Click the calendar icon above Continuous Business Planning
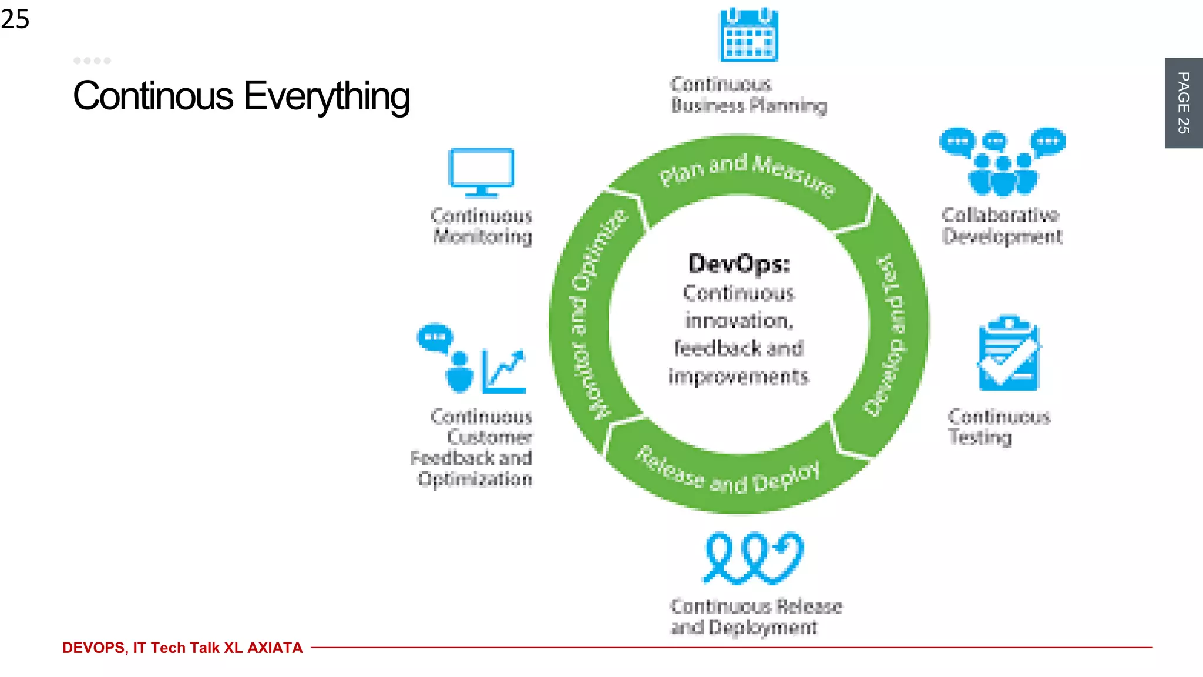[x=749, y=35]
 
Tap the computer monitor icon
[x=481, y=172]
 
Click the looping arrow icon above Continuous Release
[x=753, y=558]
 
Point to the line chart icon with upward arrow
[x=503, y=371]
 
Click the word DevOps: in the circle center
[x=739, y=264]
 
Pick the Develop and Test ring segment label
[x=886, y=335]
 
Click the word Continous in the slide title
[x=153, y=97]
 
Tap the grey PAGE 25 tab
[x=1183, y=103]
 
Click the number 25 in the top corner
[x=15, y=19]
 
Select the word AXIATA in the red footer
[x=275, y=648]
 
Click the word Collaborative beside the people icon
[x=1000, y=215]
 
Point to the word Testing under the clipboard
[x=979, y=437]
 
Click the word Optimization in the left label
[x=475, y=479]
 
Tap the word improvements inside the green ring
[x=738, y=376]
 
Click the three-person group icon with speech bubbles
[x=1002, y=162]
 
